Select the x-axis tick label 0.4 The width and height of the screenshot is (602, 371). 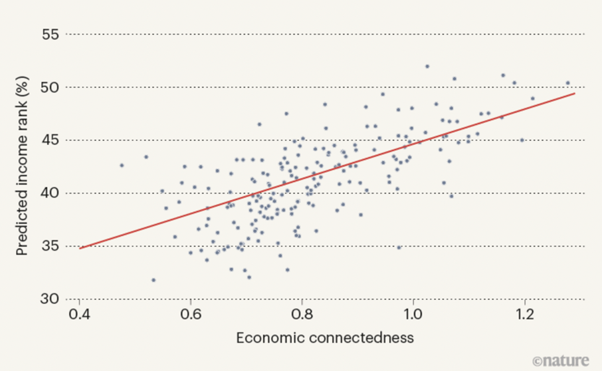(x=79, y=314)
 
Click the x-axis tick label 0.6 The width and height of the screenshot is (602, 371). (x=191, y=314)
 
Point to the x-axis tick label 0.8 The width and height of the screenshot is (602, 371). (x=302, y=314)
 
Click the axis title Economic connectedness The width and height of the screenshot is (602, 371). (x=325, y=338)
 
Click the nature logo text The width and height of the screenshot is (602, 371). (x=561, y=360)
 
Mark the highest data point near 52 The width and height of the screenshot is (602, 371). (x=427, y=66)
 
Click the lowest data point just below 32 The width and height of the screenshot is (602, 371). (x=153, y=280)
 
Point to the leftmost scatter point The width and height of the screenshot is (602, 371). (x=122, y=165)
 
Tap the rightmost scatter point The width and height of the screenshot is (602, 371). (x=567, y=83)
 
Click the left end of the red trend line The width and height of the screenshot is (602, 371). (x=80, y=248)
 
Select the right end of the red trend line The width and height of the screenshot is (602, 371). (x=574, y=94)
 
